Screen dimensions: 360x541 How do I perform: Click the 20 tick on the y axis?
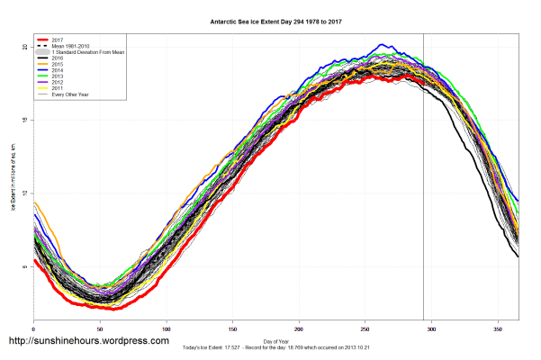click(x=25, y=47)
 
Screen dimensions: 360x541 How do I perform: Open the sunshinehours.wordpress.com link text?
click(x=89, y=341)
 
